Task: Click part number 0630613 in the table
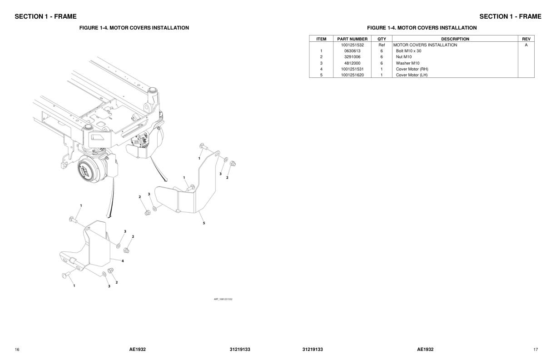(352, 51)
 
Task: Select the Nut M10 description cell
(403, 57)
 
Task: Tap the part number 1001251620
(352, 75)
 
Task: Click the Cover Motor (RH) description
(412, 69)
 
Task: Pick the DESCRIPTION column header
(455, 39)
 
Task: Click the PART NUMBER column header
(352, 39)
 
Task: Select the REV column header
(526, 39)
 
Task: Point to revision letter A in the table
(526, 45)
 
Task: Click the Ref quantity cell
(382, 45)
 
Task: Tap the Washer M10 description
(407, 63)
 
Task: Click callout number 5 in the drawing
(204, 223)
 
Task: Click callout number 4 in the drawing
(123, 261)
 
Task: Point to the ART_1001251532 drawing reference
(223, 299)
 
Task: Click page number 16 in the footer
(17, 350)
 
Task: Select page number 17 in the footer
(536, 350)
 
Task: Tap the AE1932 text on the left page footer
(137, 350)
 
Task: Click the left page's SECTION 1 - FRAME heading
(45, 17)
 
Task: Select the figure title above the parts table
(422, 28)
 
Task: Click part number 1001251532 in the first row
(352, 45)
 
